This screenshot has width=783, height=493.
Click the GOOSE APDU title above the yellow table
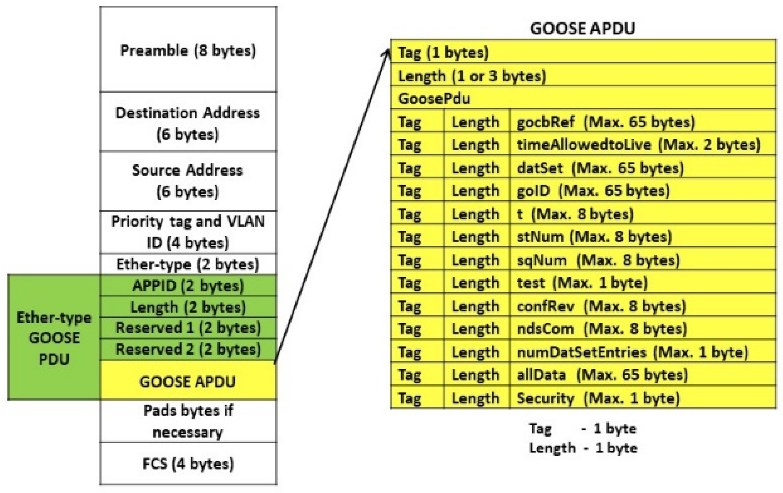[x=582, y=29]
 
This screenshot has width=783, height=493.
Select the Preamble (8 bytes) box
[x=188, y=50]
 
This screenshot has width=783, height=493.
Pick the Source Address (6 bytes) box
[x=188, y=181]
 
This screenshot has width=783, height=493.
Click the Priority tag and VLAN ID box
[x=188, y=232]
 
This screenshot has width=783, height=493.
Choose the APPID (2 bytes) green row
[x=188, y=286]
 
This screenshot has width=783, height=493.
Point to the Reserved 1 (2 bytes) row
[x=188, y=328]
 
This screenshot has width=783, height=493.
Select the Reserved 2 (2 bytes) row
[x=188, y=350]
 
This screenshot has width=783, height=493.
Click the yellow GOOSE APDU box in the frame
[x=188, y=381]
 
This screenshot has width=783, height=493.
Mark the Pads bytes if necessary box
[x=188, y=421]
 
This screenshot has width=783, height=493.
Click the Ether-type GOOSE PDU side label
[x=54, y=338]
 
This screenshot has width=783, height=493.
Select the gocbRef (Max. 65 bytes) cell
[x=605, y=122]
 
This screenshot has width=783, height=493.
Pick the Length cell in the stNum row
[x=476, y=237]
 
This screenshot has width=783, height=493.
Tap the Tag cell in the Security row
[x=410, y=398]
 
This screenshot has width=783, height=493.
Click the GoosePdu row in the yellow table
[x=434, y=98]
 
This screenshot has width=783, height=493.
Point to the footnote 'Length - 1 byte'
[x=583, y=448]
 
